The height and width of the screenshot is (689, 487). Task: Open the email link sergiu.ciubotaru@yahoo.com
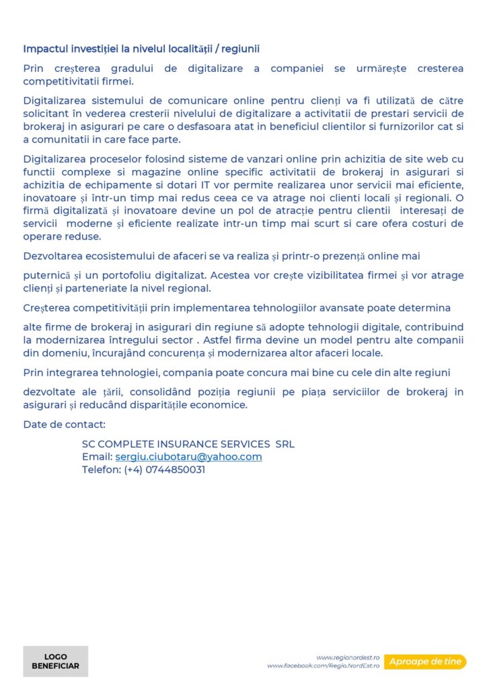click(x=188, y=457)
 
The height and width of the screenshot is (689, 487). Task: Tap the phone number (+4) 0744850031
click(x=164, y=470)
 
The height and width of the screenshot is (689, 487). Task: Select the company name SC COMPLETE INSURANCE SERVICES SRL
click(x=188, y=444)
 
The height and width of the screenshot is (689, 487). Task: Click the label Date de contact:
click(x=64, y=425)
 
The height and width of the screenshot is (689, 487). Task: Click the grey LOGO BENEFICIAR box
click(x=55, y=661)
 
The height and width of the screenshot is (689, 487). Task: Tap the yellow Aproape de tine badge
click(x=425, y=662)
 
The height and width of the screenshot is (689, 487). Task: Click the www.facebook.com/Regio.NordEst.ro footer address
click(x=324, y=666)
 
